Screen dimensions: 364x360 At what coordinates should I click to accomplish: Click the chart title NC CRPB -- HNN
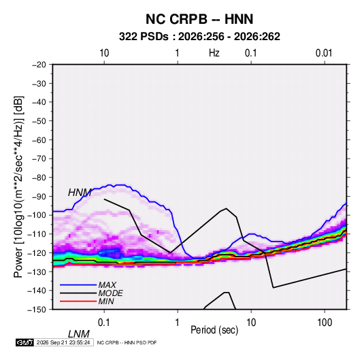point(199,19)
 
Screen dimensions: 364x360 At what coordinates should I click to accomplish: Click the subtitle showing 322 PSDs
point(199,37)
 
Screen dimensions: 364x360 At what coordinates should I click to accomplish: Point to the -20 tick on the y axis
point(39,65)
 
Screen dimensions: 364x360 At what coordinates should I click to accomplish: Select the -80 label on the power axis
point(39,178)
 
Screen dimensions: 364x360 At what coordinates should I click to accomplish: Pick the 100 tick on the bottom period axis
point(325,323)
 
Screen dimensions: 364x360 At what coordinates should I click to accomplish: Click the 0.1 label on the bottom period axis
point(104,323)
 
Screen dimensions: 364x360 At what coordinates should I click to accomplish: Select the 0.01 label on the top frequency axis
point(324,53)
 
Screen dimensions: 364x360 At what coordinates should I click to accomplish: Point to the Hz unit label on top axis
point(214,53)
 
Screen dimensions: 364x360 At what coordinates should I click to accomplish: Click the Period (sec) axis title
point(214,330)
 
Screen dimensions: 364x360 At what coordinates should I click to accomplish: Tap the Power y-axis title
point(18,186)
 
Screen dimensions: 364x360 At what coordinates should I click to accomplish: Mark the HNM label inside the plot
point(80,193)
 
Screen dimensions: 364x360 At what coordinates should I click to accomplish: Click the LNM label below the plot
point(79,334)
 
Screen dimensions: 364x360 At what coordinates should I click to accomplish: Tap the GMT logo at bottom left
point(24,342)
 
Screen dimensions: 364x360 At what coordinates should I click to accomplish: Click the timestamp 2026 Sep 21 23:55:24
point(63,342)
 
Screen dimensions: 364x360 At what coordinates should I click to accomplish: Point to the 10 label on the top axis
point(104,53)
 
